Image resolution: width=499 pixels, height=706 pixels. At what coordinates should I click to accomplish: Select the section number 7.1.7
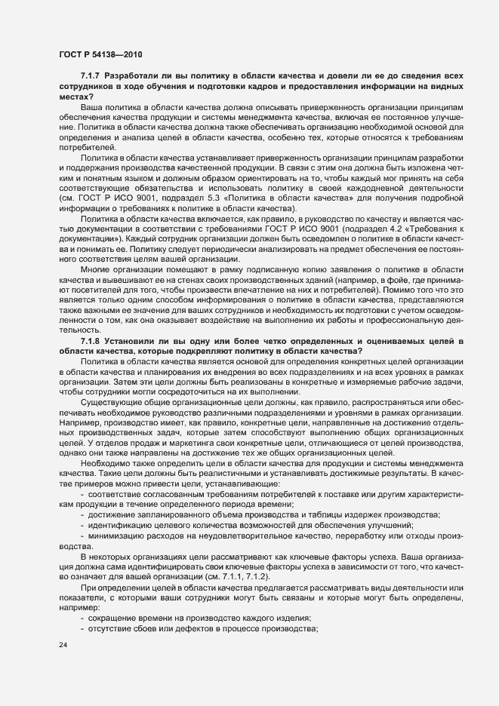91,77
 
